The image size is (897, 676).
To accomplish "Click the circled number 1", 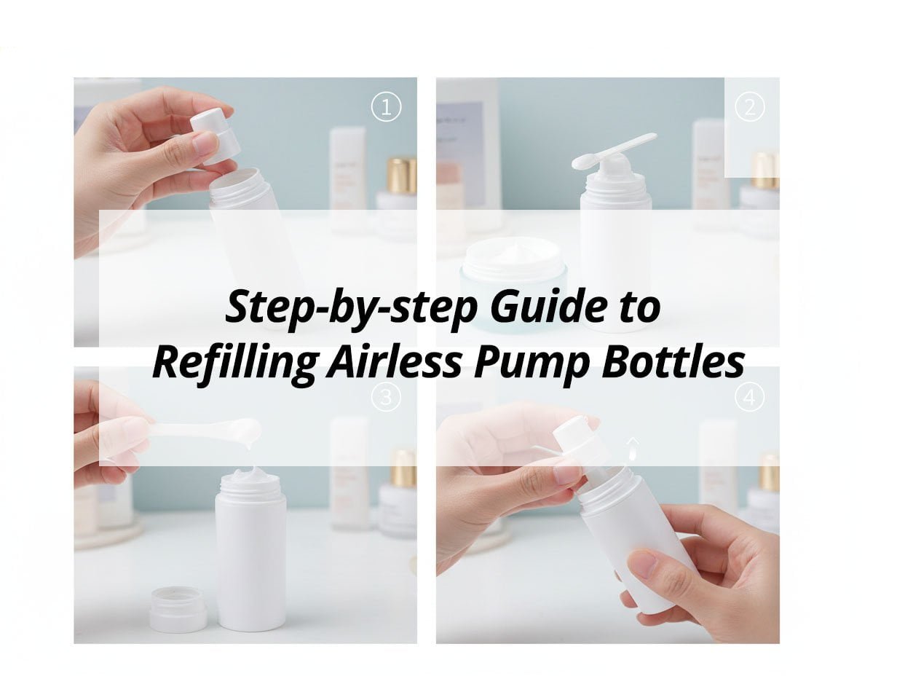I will (x=386, y=108).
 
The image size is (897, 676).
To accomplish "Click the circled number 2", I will (x=749, y=108).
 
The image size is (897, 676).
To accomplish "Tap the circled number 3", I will (x=386, y=397).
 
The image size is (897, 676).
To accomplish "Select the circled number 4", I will (x=749, y=397).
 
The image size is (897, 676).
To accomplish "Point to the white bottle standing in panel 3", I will (x=250, y=554).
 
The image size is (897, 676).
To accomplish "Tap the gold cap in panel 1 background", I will (x=401, y=175).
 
